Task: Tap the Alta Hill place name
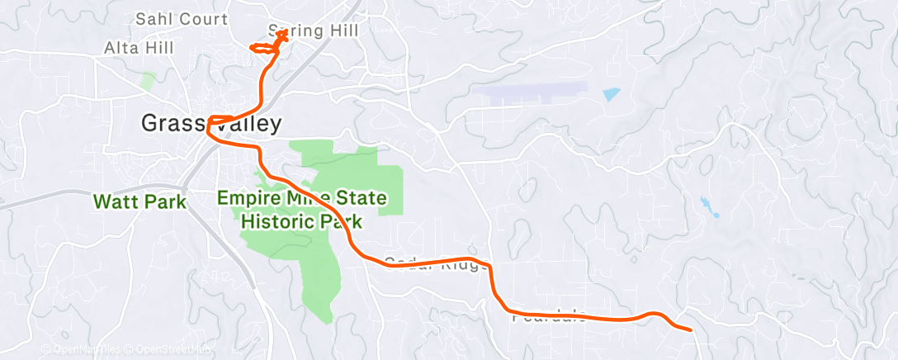point(139,48)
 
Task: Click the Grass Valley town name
point(211,124)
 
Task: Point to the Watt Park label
point(139,201)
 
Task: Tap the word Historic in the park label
point(274,221)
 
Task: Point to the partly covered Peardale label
point(548,315)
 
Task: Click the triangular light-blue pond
point(610,94)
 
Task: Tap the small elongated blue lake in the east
point(707,206)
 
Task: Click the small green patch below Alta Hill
point(147,80)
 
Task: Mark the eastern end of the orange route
point(690,329)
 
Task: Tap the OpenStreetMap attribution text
point(165,350)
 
